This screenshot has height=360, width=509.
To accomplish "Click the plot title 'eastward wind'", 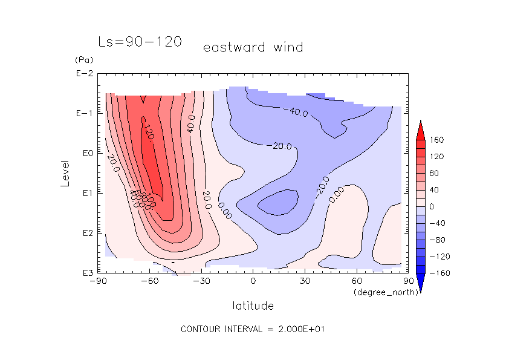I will tap(253, 47).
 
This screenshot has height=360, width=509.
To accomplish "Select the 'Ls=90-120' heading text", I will tap(140, 42).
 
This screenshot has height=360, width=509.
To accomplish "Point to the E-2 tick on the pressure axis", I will tap(83, 74).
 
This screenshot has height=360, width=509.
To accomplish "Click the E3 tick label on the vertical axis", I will tap(83, 273).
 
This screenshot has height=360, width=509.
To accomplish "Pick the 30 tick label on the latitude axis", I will tap(305, 281).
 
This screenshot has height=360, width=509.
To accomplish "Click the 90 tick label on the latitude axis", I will tap(407, 281).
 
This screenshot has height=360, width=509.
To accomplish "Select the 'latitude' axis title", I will tap(253, 306).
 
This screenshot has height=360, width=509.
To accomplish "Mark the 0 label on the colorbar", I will tap(431, 206).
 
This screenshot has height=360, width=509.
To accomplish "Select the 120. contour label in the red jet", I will tap(148, 132).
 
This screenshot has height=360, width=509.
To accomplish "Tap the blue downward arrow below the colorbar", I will tap(420, 282).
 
